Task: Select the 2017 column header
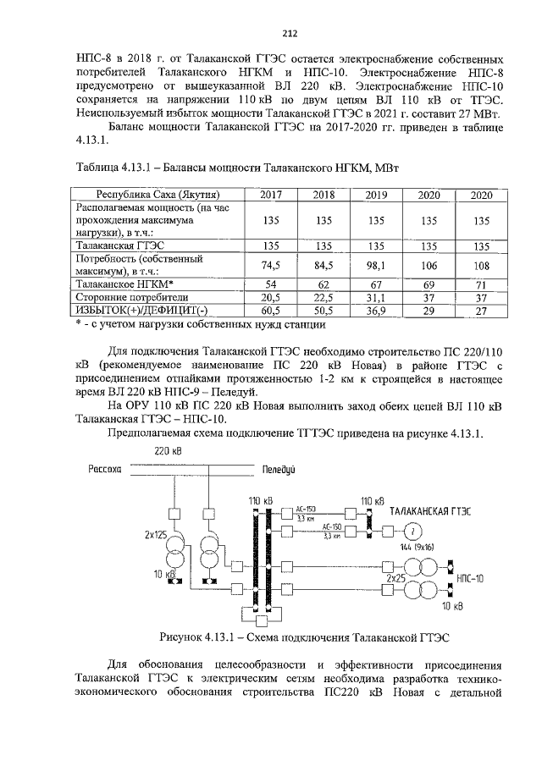pos(271,195)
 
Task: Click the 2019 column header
pos(376,195)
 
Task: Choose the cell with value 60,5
pos(271,311)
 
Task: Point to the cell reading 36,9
pos(376,311)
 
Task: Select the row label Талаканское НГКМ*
pos(124,284)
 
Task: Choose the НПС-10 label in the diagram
pos(469,579)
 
